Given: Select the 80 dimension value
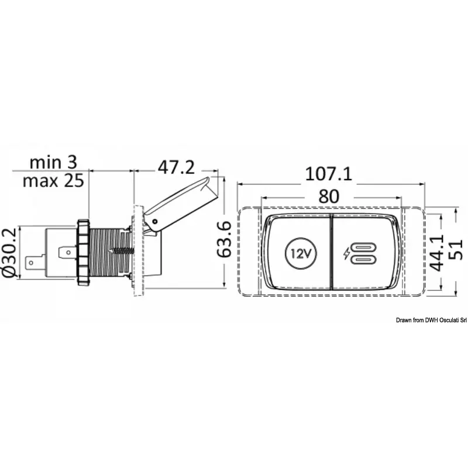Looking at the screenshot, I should (x=329, y=197).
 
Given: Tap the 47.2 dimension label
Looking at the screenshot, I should (x=175, y=168).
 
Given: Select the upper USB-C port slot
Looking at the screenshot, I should (x=363, y=247).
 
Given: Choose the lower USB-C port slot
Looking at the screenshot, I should (x=363, y=260).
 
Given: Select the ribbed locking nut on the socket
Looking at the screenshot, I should (x=82, y=252).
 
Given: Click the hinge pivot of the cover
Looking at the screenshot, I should (x=156, y=221).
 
